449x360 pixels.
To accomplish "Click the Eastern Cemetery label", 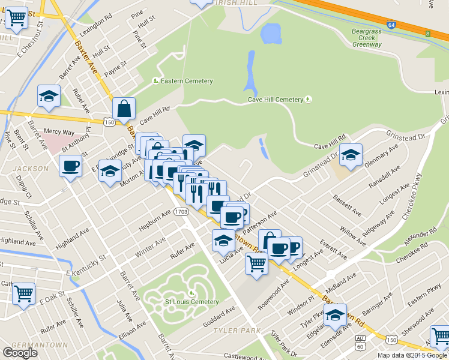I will [187, 81].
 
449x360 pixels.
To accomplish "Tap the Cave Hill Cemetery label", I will [276, 100].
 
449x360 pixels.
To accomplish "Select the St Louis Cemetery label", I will [191, 302].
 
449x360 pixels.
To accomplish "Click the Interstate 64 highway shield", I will [391, 26].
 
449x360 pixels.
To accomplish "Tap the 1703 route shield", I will [182, 211].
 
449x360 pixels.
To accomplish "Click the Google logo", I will [19, 352].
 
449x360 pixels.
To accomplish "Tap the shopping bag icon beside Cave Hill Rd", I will [124, 109].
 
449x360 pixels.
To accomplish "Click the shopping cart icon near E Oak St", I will [23, 294].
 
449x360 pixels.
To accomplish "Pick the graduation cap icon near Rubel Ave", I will [49, 96].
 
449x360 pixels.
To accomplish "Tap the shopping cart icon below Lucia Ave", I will [257, 262].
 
